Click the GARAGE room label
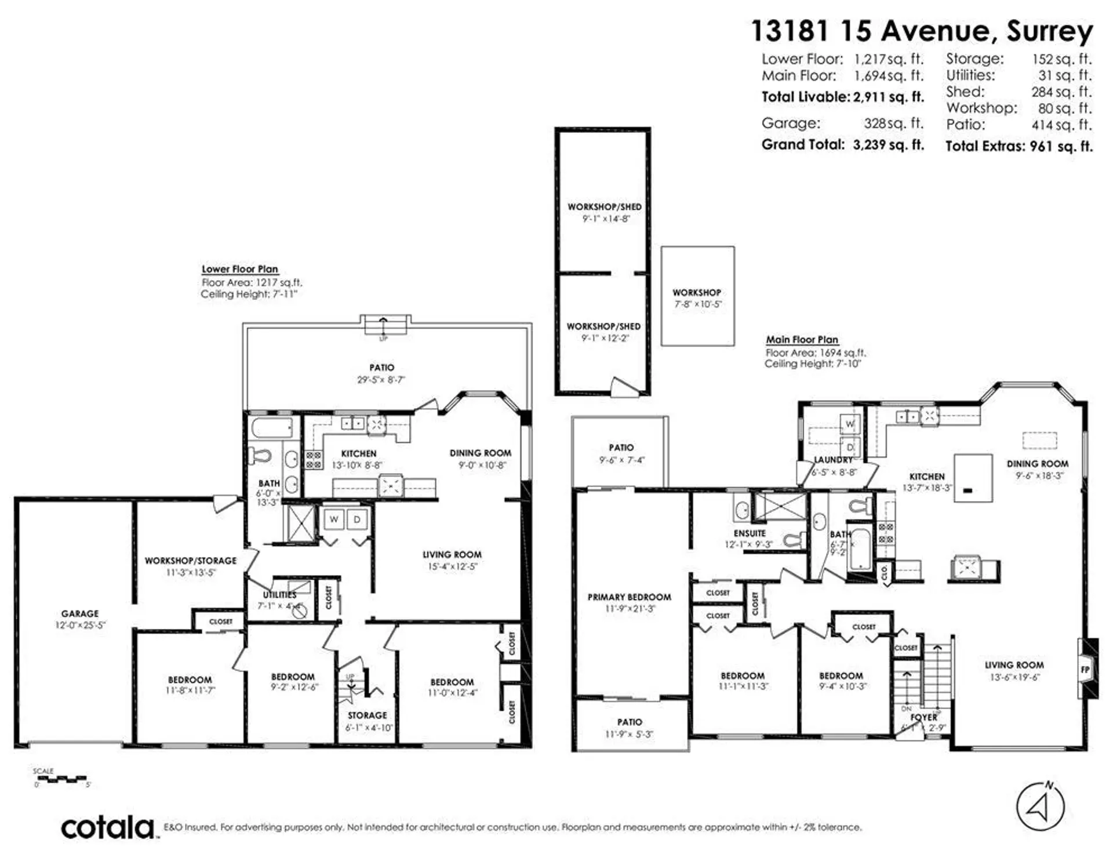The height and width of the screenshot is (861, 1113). (x=80, y=613)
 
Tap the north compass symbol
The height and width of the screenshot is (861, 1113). (x=1041, y=806)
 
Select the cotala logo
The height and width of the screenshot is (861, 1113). (x=108, y=827)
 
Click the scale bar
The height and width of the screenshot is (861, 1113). (x=60, y=779)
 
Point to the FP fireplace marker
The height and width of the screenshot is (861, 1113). (x=1085, y=670)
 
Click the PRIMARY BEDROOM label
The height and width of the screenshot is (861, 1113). (x=630, y=597)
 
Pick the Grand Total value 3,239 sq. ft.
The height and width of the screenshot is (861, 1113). (x=888, y=145)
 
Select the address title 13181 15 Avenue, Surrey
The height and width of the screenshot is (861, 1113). (x=922, y=31)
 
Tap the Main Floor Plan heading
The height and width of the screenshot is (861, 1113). (x=802, y=340)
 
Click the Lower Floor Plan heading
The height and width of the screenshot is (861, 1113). (x=240, y=269)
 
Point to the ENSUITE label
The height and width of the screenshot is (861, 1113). (x=750, y=533)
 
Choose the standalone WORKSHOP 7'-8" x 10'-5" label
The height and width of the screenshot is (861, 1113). (x=697, y=293)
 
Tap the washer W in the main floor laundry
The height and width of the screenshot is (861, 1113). (x=850, y=424)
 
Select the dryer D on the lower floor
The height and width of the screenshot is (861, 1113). (x=357, y=519)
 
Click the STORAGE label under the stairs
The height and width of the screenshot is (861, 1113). (x=367, y=715)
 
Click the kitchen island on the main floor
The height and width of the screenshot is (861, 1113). (x=973, y=478)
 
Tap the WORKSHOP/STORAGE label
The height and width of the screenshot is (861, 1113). (x=191, y=561)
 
